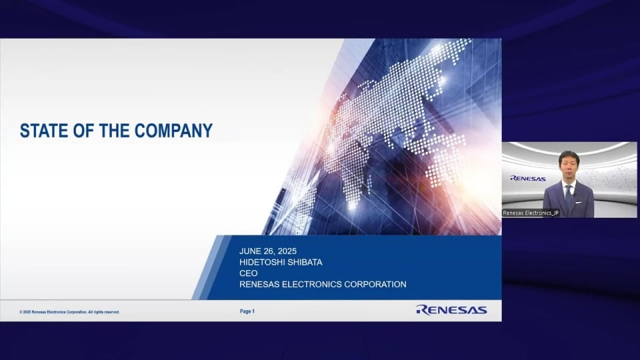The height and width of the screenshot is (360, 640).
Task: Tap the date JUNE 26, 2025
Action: click(x=268, y=251)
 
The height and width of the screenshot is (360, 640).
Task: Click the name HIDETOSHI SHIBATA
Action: click(x=281, y=262)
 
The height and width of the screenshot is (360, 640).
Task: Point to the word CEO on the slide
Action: click(x=248, y=273)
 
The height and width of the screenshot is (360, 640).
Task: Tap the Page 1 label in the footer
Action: click(x=247, y=311)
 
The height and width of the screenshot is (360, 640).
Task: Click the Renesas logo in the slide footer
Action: click(x=451, y=310)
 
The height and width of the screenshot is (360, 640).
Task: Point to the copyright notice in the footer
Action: click(x=69, y=312)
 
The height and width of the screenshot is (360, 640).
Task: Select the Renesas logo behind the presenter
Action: click(x=528, y=179)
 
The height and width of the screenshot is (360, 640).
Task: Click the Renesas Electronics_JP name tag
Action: click(x=531, y=213)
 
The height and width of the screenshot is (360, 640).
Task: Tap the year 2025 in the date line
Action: click(x=287, y=251)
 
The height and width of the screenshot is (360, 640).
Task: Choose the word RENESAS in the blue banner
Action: click(x=259, y=284)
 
